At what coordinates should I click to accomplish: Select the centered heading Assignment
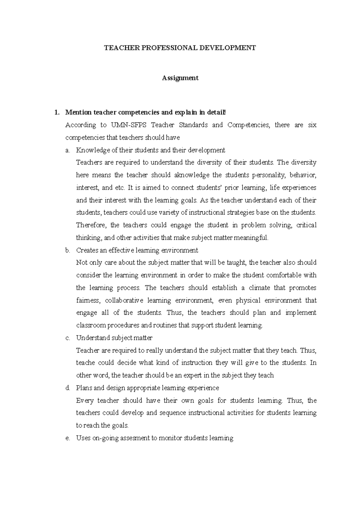[180, 78]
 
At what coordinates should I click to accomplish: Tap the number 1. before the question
[56, 113]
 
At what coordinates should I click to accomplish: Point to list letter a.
[67, 150]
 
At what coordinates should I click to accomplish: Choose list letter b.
[67, 250]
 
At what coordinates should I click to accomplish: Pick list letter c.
[67, 338]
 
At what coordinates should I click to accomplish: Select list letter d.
[67, 388]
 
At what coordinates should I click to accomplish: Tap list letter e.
[67, 438]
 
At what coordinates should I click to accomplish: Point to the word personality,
[268, 175]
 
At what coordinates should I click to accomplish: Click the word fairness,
[88, 300]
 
